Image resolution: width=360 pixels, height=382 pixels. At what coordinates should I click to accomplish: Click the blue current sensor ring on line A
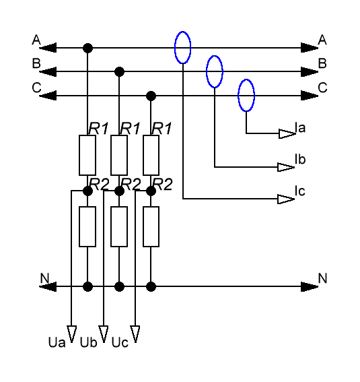pos(175,48)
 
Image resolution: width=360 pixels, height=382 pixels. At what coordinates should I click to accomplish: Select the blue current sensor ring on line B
pos(207,71)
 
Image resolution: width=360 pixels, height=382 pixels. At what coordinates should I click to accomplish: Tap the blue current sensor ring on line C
pos(238,96)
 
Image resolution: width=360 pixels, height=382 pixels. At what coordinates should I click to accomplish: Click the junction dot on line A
pos(87,48)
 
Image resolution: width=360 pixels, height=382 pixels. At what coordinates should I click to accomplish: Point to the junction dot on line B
pos(119,71)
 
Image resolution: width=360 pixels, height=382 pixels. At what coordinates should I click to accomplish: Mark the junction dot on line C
pos(151,96)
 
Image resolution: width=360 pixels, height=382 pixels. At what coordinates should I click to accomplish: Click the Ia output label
pos(300,127)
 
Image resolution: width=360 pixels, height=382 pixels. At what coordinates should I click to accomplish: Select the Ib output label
pos(300,159)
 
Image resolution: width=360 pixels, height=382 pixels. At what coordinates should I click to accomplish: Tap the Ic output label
pos(299,191)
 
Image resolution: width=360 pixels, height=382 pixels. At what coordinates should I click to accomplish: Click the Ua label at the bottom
pos(57,342)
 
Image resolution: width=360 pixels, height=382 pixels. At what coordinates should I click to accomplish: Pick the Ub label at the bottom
pos(89,342)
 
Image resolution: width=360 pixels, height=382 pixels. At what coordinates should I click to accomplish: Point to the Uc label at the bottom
pos(120,342)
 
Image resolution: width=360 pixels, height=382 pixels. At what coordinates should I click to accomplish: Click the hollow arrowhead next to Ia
pos(287,134)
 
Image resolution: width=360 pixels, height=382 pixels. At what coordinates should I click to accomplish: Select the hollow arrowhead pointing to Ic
pos(286,199)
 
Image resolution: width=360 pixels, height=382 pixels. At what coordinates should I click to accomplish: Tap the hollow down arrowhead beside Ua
pos(71,334)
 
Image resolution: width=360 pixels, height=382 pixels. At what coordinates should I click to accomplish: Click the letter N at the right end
pos(322,278)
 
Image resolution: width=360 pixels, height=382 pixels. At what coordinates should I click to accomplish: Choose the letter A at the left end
pos(36,40)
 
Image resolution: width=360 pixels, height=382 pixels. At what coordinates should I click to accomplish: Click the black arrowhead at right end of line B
pos(310,71)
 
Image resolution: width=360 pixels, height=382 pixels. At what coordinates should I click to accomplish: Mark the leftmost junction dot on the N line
pos(87,286)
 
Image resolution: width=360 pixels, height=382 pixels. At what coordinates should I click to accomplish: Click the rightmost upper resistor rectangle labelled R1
pos(151,155)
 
